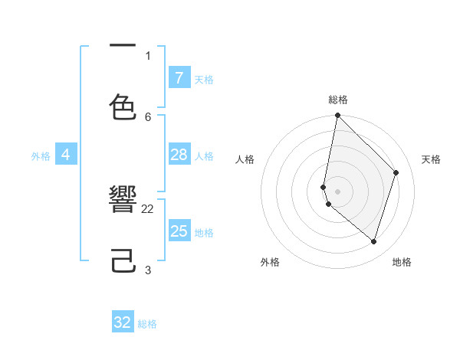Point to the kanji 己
click(123, 261)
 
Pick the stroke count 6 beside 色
click(148, 116)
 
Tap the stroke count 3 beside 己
click(148, 270)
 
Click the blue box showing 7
click(179, 77)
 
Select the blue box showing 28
click(179, 155)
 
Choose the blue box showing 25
click(179, 231)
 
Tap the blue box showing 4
click(66, 155)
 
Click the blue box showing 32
click(123, 322)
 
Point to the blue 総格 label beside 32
click(147, 324)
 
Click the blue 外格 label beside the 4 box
click(41, 156)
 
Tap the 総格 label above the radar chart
click(338, 100)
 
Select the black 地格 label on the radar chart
click(402, 262)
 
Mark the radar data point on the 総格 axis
click(337, 115)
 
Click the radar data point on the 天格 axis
click(396, 172)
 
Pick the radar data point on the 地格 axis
click(374, 241)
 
